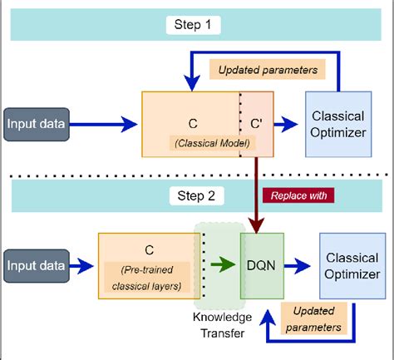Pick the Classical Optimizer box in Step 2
click(351, 266)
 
